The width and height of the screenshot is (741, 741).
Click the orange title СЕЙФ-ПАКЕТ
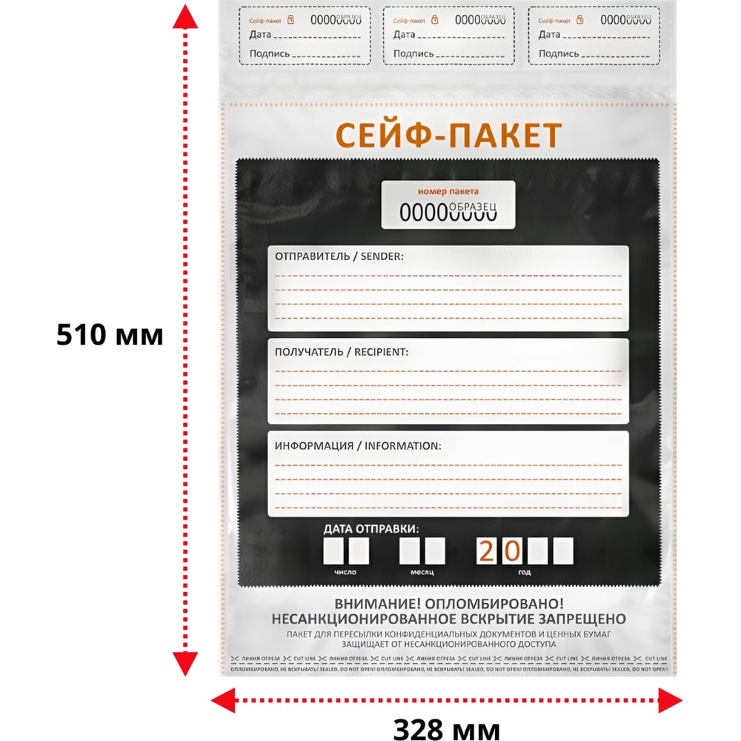[x=448, y=135]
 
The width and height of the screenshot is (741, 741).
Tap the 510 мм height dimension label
[x=110, y=336]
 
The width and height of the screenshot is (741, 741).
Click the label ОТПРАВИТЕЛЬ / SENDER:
[x=339, y=256]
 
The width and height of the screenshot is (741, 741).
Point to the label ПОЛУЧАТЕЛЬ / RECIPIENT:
[x=342, y=351]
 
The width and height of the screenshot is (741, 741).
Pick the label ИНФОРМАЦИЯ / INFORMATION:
[x=358, y=446]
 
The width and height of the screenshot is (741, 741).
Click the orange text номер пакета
[x=448, y=191]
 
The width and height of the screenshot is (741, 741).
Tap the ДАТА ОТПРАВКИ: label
[x=370, y=529]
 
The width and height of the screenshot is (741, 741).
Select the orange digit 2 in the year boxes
[x=488, y=551]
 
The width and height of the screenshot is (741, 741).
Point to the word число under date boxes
[x=345, y=572]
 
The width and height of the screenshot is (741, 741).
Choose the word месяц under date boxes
[x=422, y=572]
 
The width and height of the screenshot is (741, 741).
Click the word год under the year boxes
[x=525, y=572]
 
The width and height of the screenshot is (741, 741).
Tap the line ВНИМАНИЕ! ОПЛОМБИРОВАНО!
[x=449, y=604]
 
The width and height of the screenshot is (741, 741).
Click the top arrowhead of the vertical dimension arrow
[x=185, y=16]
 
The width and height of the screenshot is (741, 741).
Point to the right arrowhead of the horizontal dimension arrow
[x=671, y=698]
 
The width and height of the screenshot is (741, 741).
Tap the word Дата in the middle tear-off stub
[x=404, y=35]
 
